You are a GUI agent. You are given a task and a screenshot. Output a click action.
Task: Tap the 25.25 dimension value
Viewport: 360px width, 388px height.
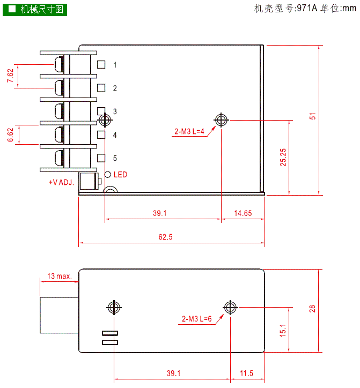point(283,157)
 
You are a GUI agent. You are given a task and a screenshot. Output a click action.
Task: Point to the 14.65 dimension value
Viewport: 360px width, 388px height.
point(243,213)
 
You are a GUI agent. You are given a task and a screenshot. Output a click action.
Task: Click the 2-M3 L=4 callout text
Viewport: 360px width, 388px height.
point(189,132)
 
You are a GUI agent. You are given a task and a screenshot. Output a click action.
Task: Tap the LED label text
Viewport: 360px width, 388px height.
point(120,175)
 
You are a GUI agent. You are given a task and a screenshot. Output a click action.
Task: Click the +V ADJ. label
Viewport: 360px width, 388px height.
point(61,182)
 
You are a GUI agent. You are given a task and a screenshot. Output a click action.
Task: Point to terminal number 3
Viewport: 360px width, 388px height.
point(115,111)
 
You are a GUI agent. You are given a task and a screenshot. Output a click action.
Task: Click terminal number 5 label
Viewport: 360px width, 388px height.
point(115,158)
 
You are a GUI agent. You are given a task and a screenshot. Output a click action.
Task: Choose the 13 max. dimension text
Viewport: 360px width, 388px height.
point(60,276)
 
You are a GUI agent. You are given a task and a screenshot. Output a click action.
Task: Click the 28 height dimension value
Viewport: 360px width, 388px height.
point(313,308)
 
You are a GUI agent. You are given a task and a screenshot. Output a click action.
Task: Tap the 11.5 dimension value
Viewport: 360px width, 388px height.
point(247,373)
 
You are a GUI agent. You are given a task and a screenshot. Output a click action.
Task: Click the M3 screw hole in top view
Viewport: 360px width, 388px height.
point(221,120)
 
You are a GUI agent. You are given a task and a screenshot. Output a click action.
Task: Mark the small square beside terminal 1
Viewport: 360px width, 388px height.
point(101,65)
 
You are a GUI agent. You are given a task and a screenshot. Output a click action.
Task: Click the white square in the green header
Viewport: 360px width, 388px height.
point(12,9)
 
